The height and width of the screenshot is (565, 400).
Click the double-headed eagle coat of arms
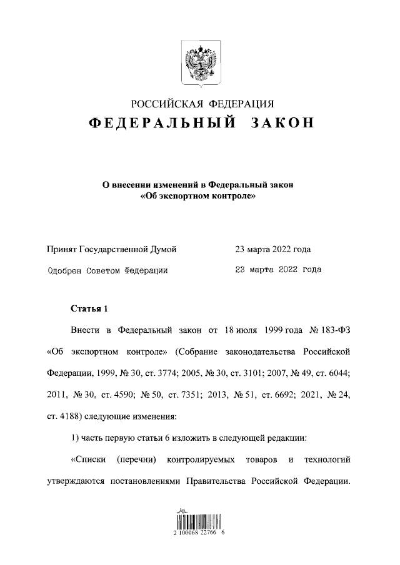click(x=201, y=62)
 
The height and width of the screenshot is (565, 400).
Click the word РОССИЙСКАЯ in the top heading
click(x=164, y=104)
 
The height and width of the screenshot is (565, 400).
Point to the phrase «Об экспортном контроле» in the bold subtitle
click(x=197, y=196)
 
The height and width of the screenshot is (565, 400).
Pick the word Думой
click(x=162, y=250)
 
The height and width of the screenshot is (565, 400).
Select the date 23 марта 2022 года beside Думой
click(x=272, y=250)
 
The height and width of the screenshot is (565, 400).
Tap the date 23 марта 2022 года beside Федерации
click(x=277, y=270)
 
